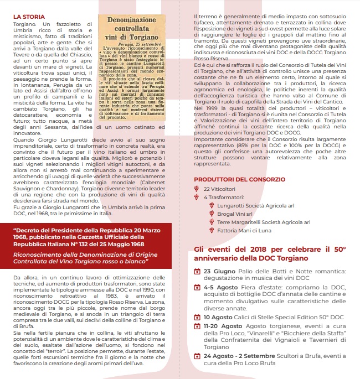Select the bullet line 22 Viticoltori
tap(220, 189)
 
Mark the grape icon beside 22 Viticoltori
tap(197, 189)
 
